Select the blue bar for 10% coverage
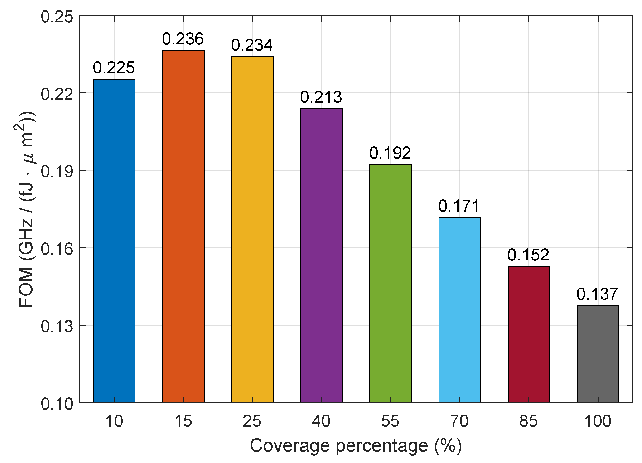tap(114, 241)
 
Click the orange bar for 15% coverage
tap(183, 227)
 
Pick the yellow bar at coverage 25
tap(252, 229)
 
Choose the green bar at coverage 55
tap(391, 283)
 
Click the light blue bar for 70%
tap(460, 310)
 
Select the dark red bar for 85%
tap(529, 334)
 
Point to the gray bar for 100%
tap(598, 354)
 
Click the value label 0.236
tap(183, 39)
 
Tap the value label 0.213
tap(321, 97)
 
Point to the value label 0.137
tap(597, 294)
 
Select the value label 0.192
tap(390, 153)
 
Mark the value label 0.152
tap(528, 255)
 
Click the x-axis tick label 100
tap(598, 421)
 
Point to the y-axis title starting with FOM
tap(26, 209)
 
